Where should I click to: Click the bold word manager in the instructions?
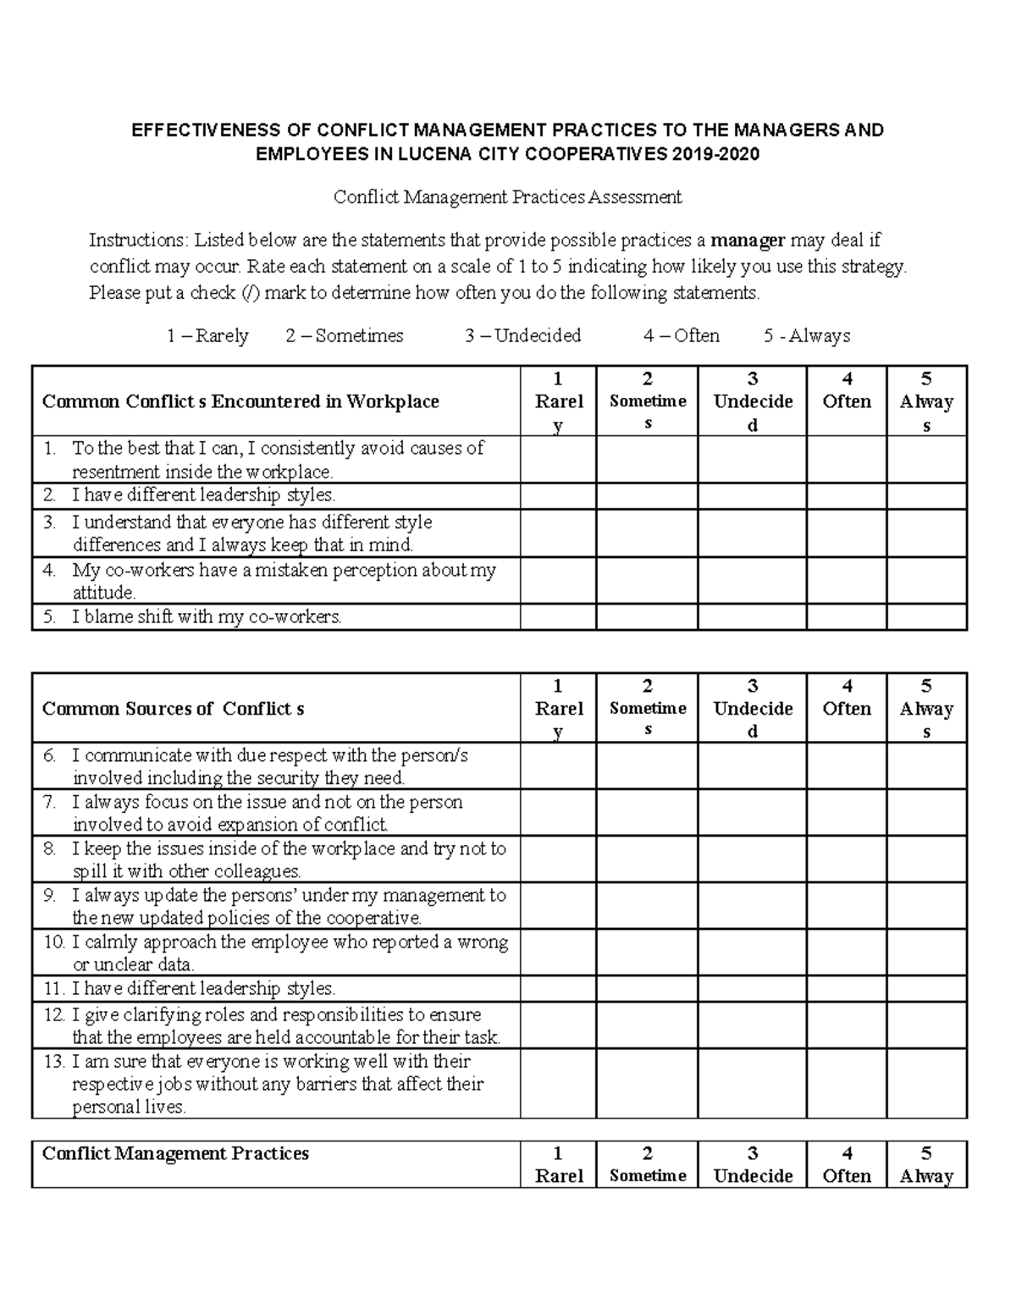748,240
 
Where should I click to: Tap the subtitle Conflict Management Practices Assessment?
507,197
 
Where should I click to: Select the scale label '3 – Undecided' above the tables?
522,335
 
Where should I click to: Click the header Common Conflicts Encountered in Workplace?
240,401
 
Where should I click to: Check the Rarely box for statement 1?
558,460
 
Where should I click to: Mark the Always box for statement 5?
926,616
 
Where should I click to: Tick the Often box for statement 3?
846,533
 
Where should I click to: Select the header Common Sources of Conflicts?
174,709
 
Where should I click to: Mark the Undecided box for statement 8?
752,859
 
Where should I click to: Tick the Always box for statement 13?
926,1084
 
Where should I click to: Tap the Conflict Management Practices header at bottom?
175,1153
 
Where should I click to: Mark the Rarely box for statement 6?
558,766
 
